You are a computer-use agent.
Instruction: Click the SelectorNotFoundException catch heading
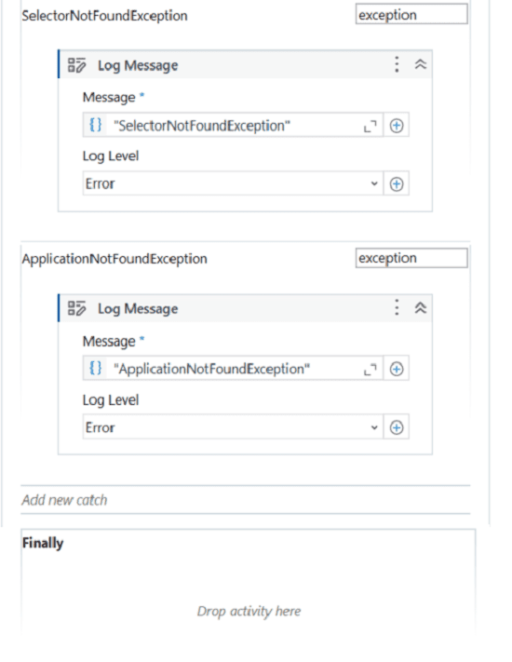coord(104,16)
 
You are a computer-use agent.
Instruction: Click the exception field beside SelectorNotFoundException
coord(411,14)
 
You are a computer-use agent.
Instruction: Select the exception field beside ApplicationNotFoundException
coord(411,258)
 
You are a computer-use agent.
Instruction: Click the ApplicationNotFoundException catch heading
coord(115,259)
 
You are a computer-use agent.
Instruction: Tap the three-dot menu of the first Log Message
coord(397,64)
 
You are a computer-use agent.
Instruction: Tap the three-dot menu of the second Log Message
coord(397,308)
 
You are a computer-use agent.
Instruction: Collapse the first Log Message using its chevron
coord(421,64)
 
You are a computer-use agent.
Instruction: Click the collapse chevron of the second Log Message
coord(421,308)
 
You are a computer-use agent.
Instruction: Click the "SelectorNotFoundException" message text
coord(202,126)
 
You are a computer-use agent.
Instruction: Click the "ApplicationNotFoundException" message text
coord(211,369)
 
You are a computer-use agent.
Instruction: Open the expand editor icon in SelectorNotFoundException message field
coord(371,126)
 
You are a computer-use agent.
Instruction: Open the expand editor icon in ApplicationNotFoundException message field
coord(371,370)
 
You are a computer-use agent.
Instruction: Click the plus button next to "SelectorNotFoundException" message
coord(397,126)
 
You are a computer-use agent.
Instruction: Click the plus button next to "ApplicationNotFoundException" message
coord(397,370)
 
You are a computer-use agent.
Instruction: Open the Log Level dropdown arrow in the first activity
coord(374,183)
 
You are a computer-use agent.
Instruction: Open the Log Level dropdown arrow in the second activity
coord(374,427)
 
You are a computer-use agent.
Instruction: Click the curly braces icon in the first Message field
coord(96,125)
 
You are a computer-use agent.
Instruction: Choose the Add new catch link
coord(64,500)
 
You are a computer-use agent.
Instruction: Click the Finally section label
coord(43,543)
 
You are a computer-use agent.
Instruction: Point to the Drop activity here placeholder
coord(249,612)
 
